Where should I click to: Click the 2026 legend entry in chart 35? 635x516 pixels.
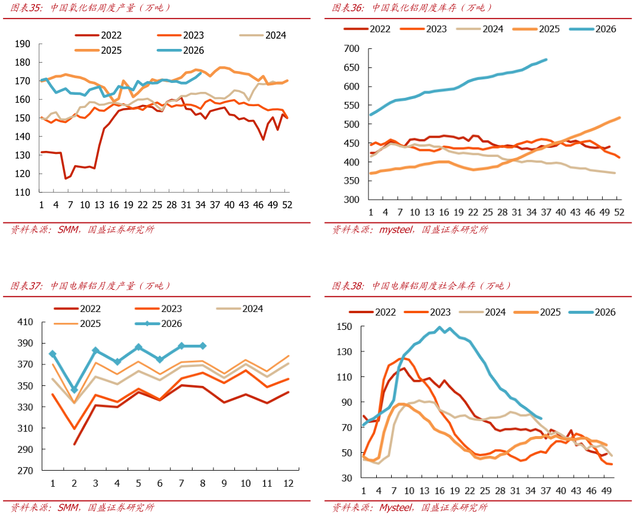(x=181, y=50)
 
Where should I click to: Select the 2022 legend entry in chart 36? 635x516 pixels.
(x=367, y=29)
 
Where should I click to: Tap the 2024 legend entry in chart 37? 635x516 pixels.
(x=240, y=308)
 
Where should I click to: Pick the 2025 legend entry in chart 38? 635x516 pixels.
(x=537, y=312)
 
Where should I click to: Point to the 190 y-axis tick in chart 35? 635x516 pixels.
(x=23, y=44)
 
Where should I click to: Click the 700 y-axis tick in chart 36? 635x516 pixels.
(x=352, y=48)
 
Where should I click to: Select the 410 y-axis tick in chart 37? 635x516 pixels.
(x=25, y=322)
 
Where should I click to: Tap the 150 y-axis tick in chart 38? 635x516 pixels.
(x=345, y=326)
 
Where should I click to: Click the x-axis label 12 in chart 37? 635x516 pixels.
(x=289, y=483)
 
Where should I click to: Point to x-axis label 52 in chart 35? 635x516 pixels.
(x=287, y=205)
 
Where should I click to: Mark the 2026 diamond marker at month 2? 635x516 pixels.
(x=74, y=390)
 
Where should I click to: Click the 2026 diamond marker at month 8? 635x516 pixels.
(x=203, y=346)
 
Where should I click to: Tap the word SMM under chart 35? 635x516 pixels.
(x=68, y=230)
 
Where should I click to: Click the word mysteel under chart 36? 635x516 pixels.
(x=396, y=230)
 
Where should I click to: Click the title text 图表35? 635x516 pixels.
(x=26, y=8)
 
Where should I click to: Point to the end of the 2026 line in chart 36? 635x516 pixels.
(x=546, y=60)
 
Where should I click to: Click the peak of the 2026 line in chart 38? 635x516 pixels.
(x=440, y=327)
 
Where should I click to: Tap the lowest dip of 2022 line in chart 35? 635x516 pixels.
(x=66, y=178)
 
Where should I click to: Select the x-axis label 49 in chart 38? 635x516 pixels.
(x=606, y=491)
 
